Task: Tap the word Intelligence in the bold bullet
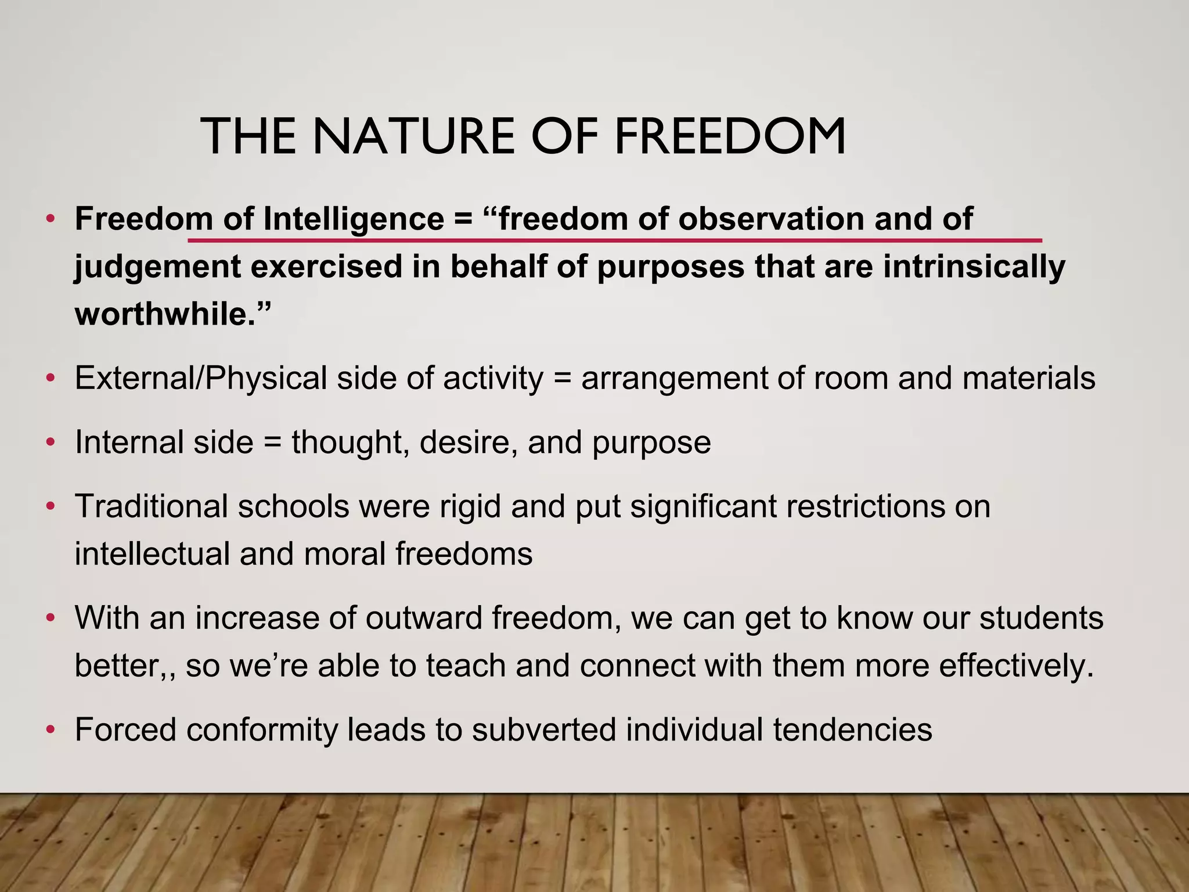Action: [354, 220]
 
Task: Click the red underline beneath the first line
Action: [615, 239]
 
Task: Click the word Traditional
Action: [151, 506]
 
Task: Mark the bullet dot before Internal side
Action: [51, 443]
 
